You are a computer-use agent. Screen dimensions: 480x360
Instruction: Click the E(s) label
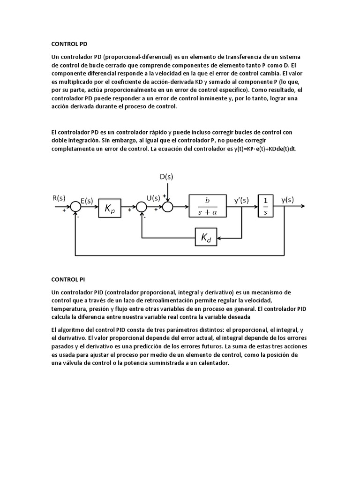pos(87,200)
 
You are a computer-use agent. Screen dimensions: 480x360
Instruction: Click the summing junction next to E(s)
pos(75,206)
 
